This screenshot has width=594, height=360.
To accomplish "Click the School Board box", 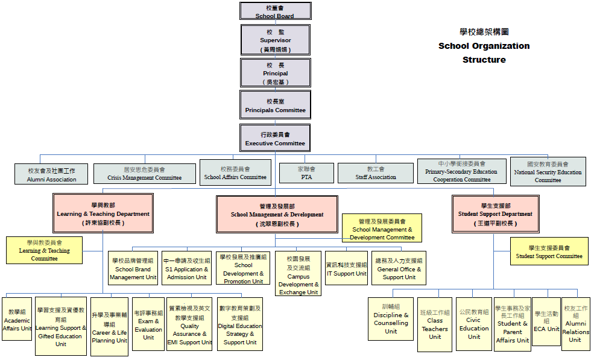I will coord(275,11).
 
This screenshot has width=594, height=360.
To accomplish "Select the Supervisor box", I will coord(275,40).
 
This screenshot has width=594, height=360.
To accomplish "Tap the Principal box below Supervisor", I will coord(275,73).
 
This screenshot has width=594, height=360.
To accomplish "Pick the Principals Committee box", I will coord(275,105).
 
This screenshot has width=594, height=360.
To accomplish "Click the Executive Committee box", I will coord(275,138).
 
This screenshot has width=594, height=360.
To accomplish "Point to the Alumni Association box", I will coord(52,174).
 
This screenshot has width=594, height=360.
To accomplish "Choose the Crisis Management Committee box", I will coord(144,174).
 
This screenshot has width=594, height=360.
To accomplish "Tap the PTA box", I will coord(306,173).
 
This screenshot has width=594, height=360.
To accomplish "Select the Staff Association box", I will coord(376,173).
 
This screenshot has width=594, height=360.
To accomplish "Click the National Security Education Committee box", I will coord(548,171).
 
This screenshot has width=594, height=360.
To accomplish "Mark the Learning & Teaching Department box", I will coord(103,213).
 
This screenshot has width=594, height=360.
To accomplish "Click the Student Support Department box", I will coord(494,213).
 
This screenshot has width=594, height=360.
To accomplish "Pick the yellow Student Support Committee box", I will coord(549,251).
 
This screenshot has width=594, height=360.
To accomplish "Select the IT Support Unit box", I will coord(346,268).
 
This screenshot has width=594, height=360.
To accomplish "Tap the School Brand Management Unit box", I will coord(133,268).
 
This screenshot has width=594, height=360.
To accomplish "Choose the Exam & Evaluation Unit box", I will coord(148,324).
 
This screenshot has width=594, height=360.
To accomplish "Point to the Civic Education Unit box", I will coord(474,324).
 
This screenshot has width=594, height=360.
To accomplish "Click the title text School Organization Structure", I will coord(484,52).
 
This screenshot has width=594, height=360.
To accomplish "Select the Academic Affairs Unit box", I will coord(17,319).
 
